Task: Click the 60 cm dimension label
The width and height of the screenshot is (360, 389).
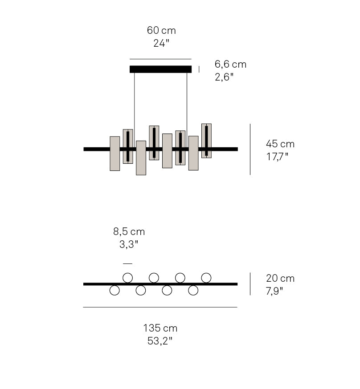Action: click(x=161, y=31)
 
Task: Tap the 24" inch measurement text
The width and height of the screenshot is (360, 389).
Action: click(x=161, y=43)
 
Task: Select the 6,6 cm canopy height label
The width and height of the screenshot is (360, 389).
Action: click(x=230, y=65)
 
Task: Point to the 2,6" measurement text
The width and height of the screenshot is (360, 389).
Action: click(x=224, y=77)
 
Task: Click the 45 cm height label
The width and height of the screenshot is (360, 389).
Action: click(x=280, y=144)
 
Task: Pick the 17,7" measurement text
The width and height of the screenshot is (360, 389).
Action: click(x=277, y=157)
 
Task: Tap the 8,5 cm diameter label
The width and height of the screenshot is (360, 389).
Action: click(x=129, y=232)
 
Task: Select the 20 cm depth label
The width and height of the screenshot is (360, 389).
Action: click(x=280, y=278)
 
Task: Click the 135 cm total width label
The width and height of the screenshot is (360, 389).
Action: click(x=160, y=328)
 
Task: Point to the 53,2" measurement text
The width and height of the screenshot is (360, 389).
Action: click(x=160, y=341)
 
